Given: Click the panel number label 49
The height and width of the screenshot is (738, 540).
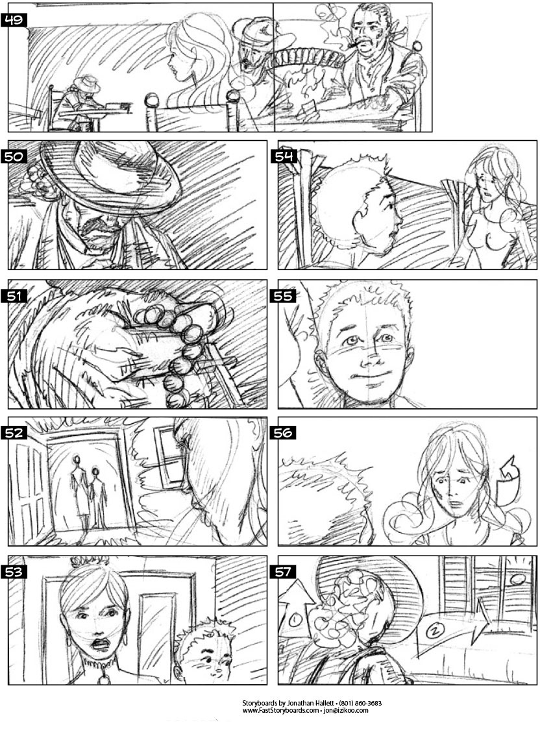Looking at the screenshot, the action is coord(14,20).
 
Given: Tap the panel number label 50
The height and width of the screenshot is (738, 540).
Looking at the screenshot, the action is coord(14,156).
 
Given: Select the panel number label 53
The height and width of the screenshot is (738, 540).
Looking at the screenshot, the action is coord(14,572).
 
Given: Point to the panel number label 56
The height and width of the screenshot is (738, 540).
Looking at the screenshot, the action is coord(283,432).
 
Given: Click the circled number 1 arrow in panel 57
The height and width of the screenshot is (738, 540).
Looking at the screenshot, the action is coord(296,608).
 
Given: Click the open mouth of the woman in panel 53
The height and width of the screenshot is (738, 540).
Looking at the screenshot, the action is coord(101,644).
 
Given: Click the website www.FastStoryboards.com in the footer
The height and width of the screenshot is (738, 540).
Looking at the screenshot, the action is coord(280,710).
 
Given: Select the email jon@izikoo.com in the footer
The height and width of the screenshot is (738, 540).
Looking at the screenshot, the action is coord(345,710).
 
